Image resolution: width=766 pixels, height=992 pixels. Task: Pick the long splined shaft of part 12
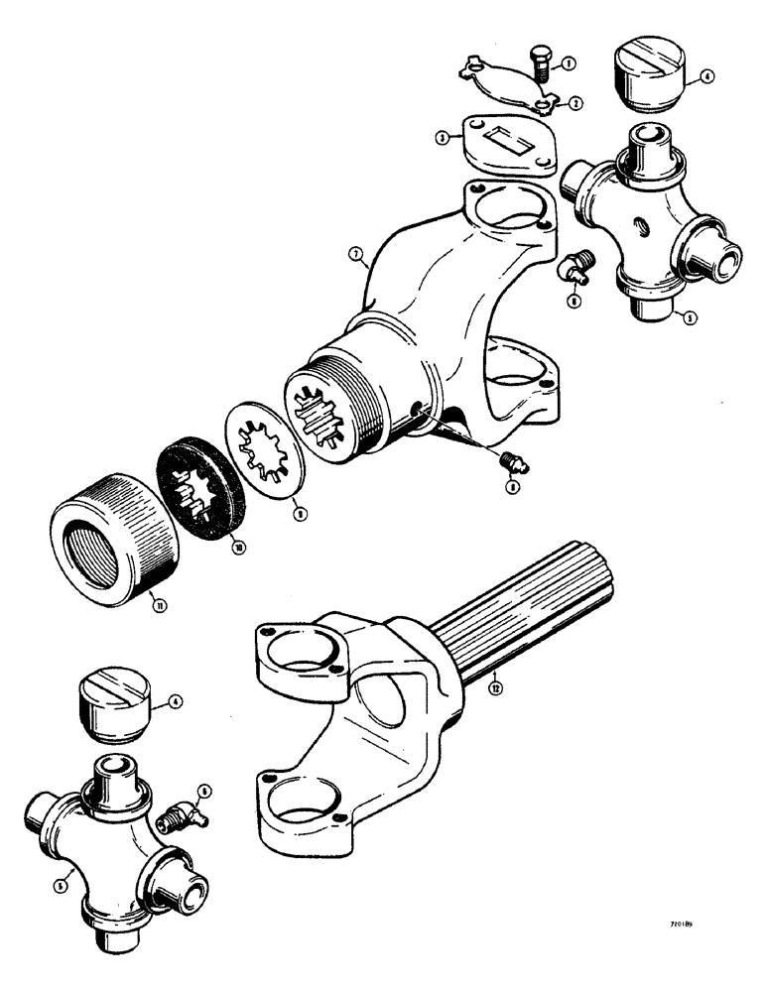(521, 614)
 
